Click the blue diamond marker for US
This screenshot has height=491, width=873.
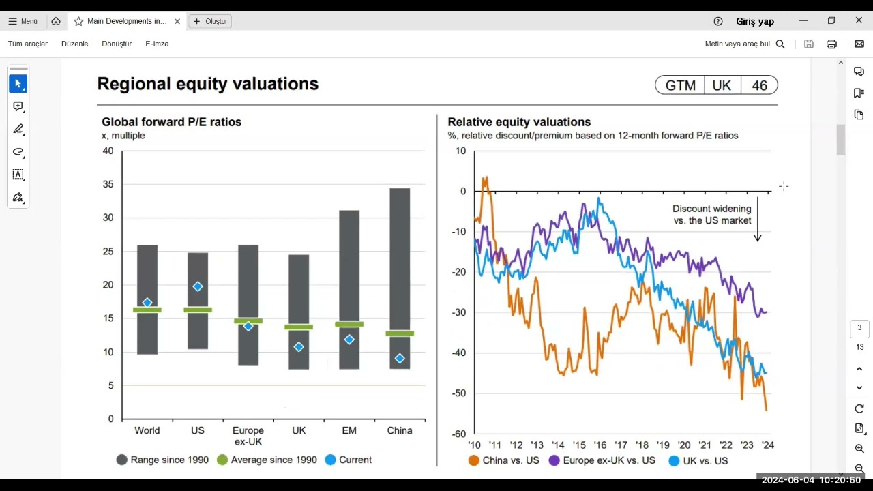pos(198,286)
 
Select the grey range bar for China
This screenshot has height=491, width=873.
pos(400,259)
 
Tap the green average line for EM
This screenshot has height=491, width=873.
pos(349,324)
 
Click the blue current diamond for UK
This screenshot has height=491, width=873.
pos(299,347)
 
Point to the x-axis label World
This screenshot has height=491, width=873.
pos(147,430)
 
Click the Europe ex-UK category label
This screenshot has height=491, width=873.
pos(248,436)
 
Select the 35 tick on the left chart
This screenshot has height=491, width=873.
pos(108,184)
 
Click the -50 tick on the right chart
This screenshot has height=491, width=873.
pos(459,393)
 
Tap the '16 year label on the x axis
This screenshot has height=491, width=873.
pos(600,445)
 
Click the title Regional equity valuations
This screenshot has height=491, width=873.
pos(208,84)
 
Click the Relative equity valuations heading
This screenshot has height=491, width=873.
pos(519,122)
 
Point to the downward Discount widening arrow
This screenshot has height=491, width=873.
pos(758,228)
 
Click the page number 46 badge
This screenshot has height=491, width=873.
pos(759,85)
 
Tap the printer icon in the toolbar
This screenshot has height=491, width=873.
pos(831,44)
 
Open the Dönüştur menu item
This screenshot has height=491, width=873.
pos(117,44)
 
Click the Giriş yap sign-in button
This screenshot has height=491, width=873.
pos(755,21)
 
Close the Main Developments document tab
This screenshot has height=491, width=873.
pos(177,21)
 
